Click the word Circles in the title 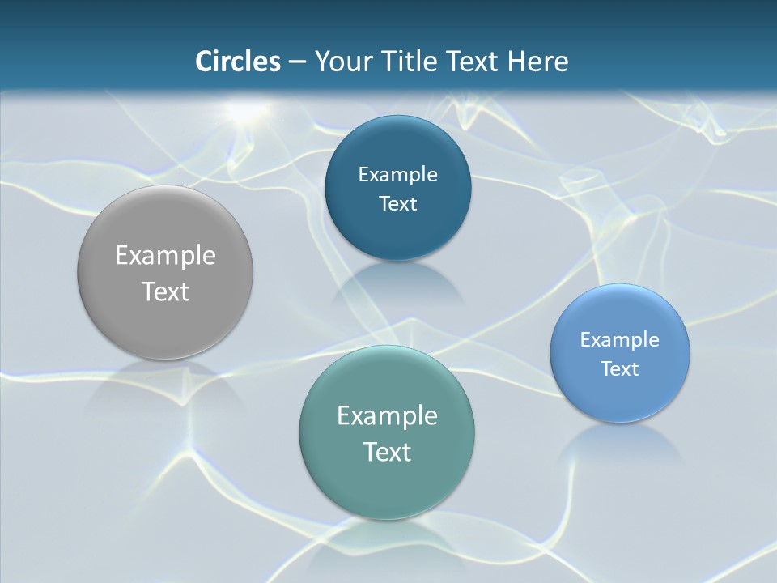tap(237, 62)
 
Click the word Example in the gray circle tap(165, 256)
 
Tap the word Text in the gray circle tap(165, 291)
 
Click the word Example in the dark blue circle tap(397, 175)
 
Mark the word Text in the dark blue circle tap(397, 204)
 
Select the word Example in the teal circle tap(387, 416)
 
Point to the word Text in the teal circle tap(387, 452)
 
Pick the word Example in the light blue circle tap(620, 340)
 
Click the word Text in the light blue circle tap(620, 369)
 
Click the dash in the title tap(297, 62)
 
